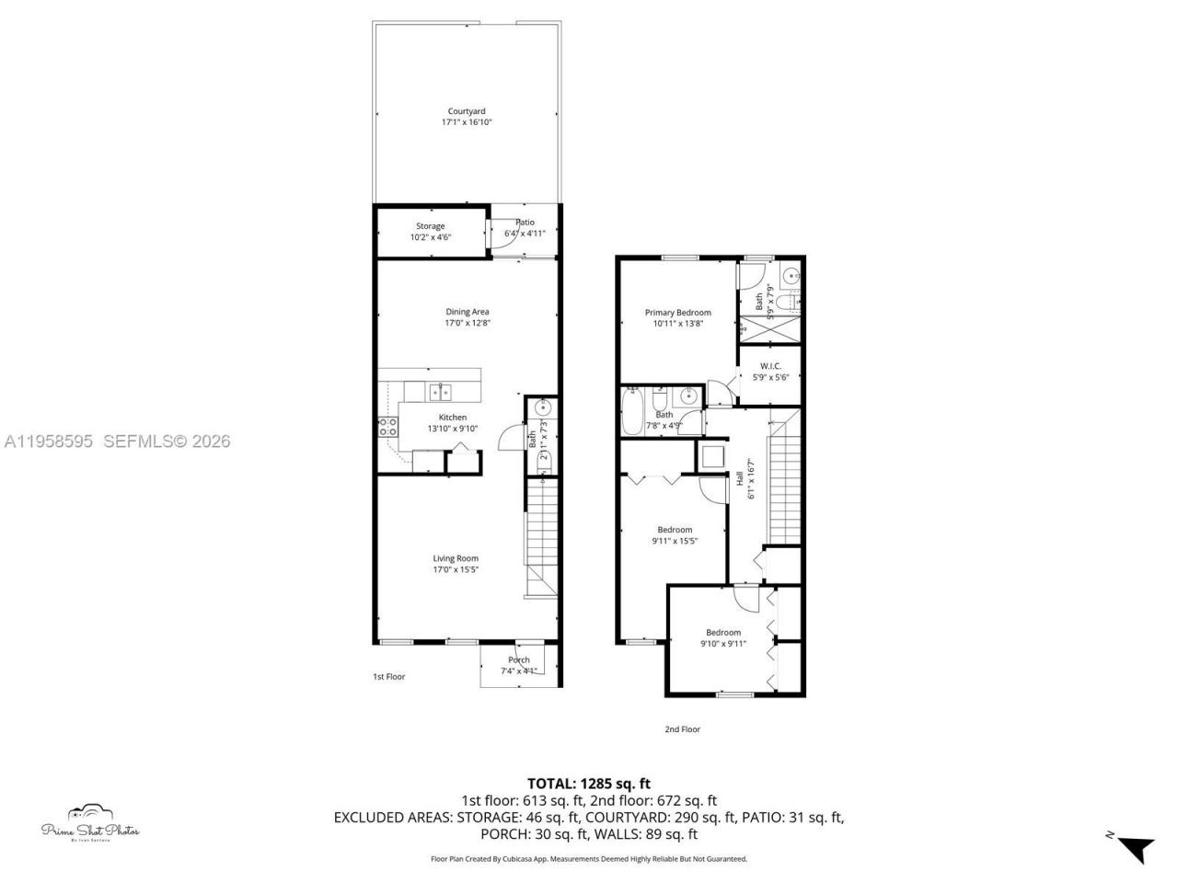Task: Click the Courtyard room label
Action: click(466, 111)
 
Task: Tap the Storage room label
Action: click(430, 226)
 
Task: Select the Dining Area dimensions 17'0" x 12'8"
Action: click(468, 323)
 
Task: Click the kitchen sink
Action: click(440, 393)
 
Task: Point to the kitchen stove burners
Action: click(387, 427)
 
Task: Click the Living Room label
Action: click(456, 558)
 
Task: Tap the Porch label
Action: click(518, 659)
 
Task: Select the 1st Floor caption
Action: click(388, 677)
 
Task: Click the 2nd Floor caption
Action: click(682, 729)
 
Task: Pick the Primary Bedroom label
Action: click(677, 313)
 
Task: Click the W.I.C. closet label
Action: click(770, 366)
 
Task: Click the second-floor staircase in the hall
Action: click(783, 483)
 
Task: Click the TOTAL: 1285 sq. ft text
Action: click(589, 784)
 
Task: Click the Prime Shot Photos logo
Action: click(90, 823)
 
